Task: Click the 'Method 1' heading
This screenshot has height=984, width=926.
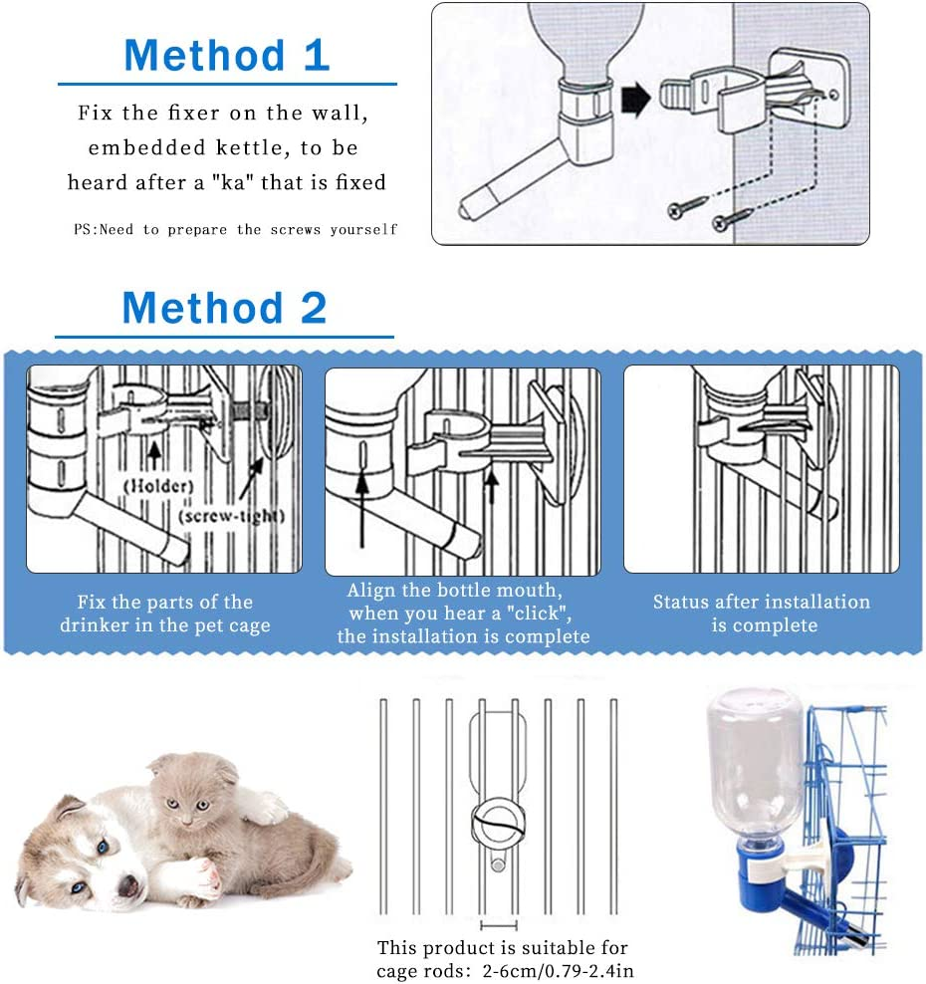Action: pos(226,55)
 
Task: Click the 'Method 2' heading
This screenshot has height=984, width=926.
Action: pos(224,309)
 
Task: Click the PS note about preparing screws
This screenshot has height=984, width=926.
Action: pos(236,229)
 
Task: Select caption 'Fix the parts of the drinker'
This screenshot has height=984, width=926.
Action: pos(163,614)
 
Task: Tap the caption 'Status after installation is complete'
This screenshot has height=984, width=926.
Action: pos(762,614)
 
